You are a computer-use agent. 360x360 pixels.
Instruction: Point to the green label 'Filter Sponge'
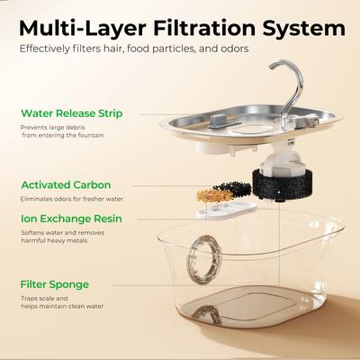pyautogui.click(x=57, y=283)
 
